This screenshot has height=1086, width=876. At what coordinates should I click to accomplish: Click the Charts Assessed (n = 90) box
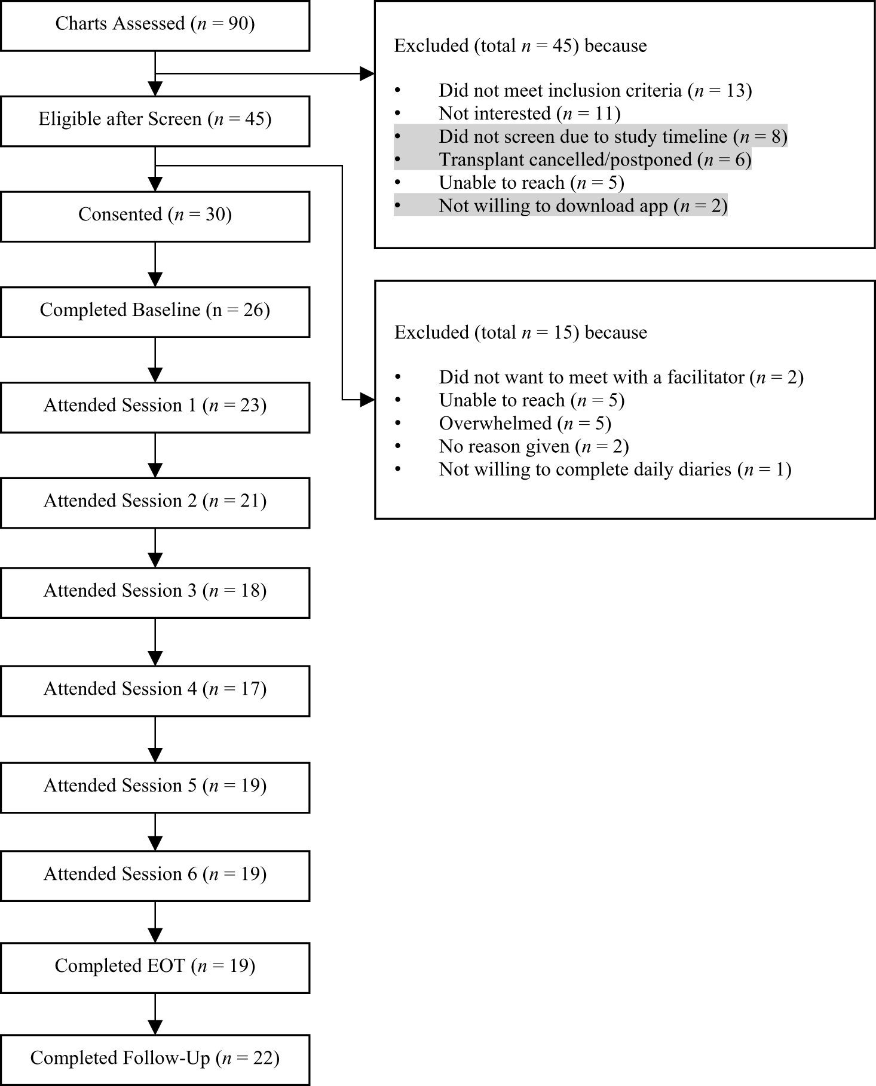[x=155, y=24]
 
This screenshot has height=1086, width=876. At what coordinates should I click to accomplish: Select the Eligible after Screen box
[x=155, y=119]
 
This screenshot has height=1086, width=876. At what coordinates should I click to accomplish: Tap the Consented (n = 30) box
[x=155, y=215]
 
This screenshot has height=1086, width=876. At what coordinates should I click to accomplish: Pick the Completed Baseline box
[x=155, y=311]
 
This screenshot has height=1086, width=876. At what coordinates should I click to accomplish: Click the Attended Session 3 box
[x=155, y=591]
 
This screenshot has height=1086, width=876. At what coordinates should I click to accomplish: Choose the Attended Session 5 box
[x=155, y=786]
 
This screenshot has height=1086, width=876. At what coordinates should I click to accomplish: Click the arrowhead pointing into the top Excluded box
[x=366, y=74]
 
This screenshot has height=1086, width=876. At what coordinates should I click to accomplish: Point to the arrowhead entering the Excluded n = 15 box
[x=366, y=400]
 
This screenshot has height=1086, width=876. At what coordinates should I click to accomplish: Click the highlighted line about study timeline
[x=612, y=137]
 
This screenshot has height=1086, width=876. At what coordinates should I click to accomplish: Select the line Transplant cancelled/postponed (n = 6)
[x=595, y=160]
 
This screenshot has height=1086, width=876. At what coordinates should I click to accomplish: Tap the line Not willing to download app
[x=583, y=206]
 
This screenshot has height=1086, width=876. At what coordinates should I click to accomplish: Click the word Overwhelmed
[x=495, y=424]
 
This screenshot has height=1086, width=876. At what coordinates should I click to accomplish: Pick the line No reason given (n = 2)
[x=534, y=447]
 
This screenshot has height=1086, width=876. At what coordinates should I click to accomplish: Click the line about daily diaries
[x=614, y=470]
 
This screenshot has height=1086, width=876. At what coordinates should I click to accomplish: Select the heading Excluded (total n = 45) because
[x=520, y=46]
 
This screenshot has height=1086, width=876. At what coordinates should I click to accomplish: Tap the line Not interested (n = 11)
[x=529, y=113]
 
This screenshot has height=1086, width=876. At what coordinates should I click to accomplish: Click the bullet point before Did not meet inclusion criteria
[x=398, y=91]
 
